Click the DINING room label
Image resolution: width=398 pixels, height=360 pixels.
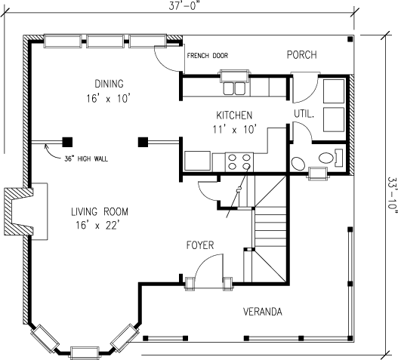[109, 83]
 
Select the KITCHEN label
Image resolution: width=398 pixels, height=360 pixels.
[234, 115]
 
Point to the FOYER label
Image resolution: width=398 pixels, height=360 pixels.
[202, 245]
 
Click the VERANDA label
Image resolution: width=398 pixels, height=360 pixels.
[263, 311]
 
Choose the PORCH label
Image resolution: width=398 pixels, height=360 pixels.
[301, 55]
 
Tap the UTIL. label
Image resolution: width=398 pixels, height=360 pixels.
[304, 114]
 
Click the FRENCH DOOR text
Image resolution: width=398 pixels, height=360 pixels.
[206, 55]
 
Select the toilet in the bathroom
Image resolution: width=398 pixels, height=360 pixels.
[330, 158]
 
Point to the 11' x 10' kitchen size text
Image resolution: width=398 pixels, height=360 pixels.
[234, 129]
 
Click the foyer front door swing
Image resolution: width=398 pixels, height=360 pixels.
[207, 269]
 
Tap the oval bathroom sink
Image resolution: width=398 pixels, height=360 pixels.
[298, 164]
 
